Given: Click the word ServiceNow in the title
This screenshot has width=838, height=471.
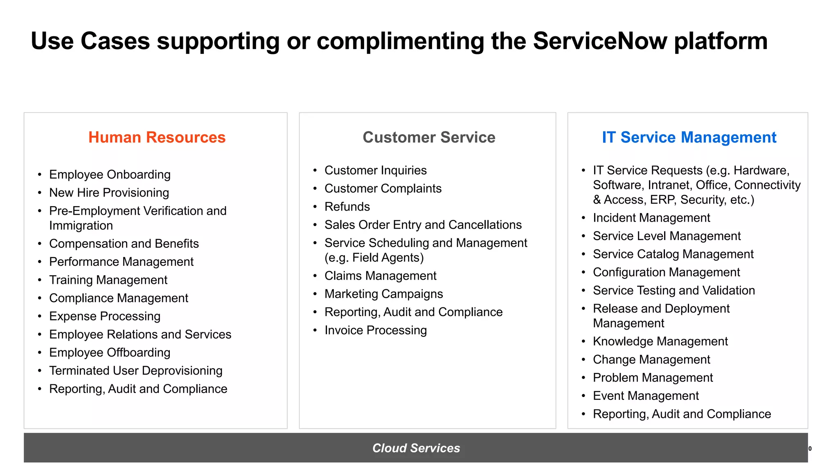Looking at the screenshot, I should click(600, 41).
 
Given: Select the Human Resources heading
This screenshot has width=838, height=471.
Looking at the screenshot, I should click(157, 137).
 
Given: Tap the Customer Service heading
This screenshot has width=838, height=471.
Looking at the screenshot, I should click(429, 137).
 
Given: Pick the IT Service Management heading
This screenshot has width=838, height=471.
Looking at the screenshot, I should click(689, 137).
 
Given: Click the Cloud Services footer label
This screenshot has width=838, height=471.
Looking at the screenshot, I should click(416, 448).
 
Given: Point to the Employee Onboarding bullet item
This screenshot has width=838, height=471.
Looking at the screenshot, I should click(110, 175).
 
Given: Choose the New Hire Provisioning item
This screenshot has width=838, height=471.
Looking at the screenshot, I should click(109, 193).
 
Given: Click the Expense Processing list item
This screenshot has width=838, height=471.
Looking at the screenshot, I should click(105, 316).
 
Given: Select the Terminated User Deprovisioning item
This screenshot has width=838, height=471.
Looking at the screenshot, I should click(136, 370).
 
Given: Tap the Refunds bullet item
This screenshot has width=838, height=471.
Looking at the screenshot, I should click(347, 206).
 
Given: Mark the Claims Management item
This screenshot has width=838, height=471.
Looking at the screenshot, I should click(381, 276).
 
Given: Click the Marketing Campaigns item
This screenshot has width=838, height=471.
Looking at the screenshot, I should click(384, 294).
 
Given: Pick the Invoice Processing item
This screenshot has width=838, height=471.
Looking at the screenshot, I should click(376, 330).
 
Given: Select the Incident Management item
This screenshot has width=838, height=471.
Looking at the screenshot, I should click(651, 218).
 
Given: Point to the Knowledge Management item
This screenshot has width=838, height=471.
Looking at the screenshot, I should click(660, 341).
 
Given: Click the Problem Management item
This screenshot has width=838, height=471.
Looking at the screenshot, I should click(653, 378).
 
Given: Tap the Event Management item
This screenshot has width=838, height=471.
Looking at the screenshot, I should click(646, 396).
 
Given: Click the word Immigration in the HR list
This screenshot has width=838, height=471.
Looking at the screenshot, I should click(81, 226).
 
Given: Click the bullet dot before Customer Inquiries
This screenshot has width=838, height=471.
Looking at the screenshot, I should click(315, 170).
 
